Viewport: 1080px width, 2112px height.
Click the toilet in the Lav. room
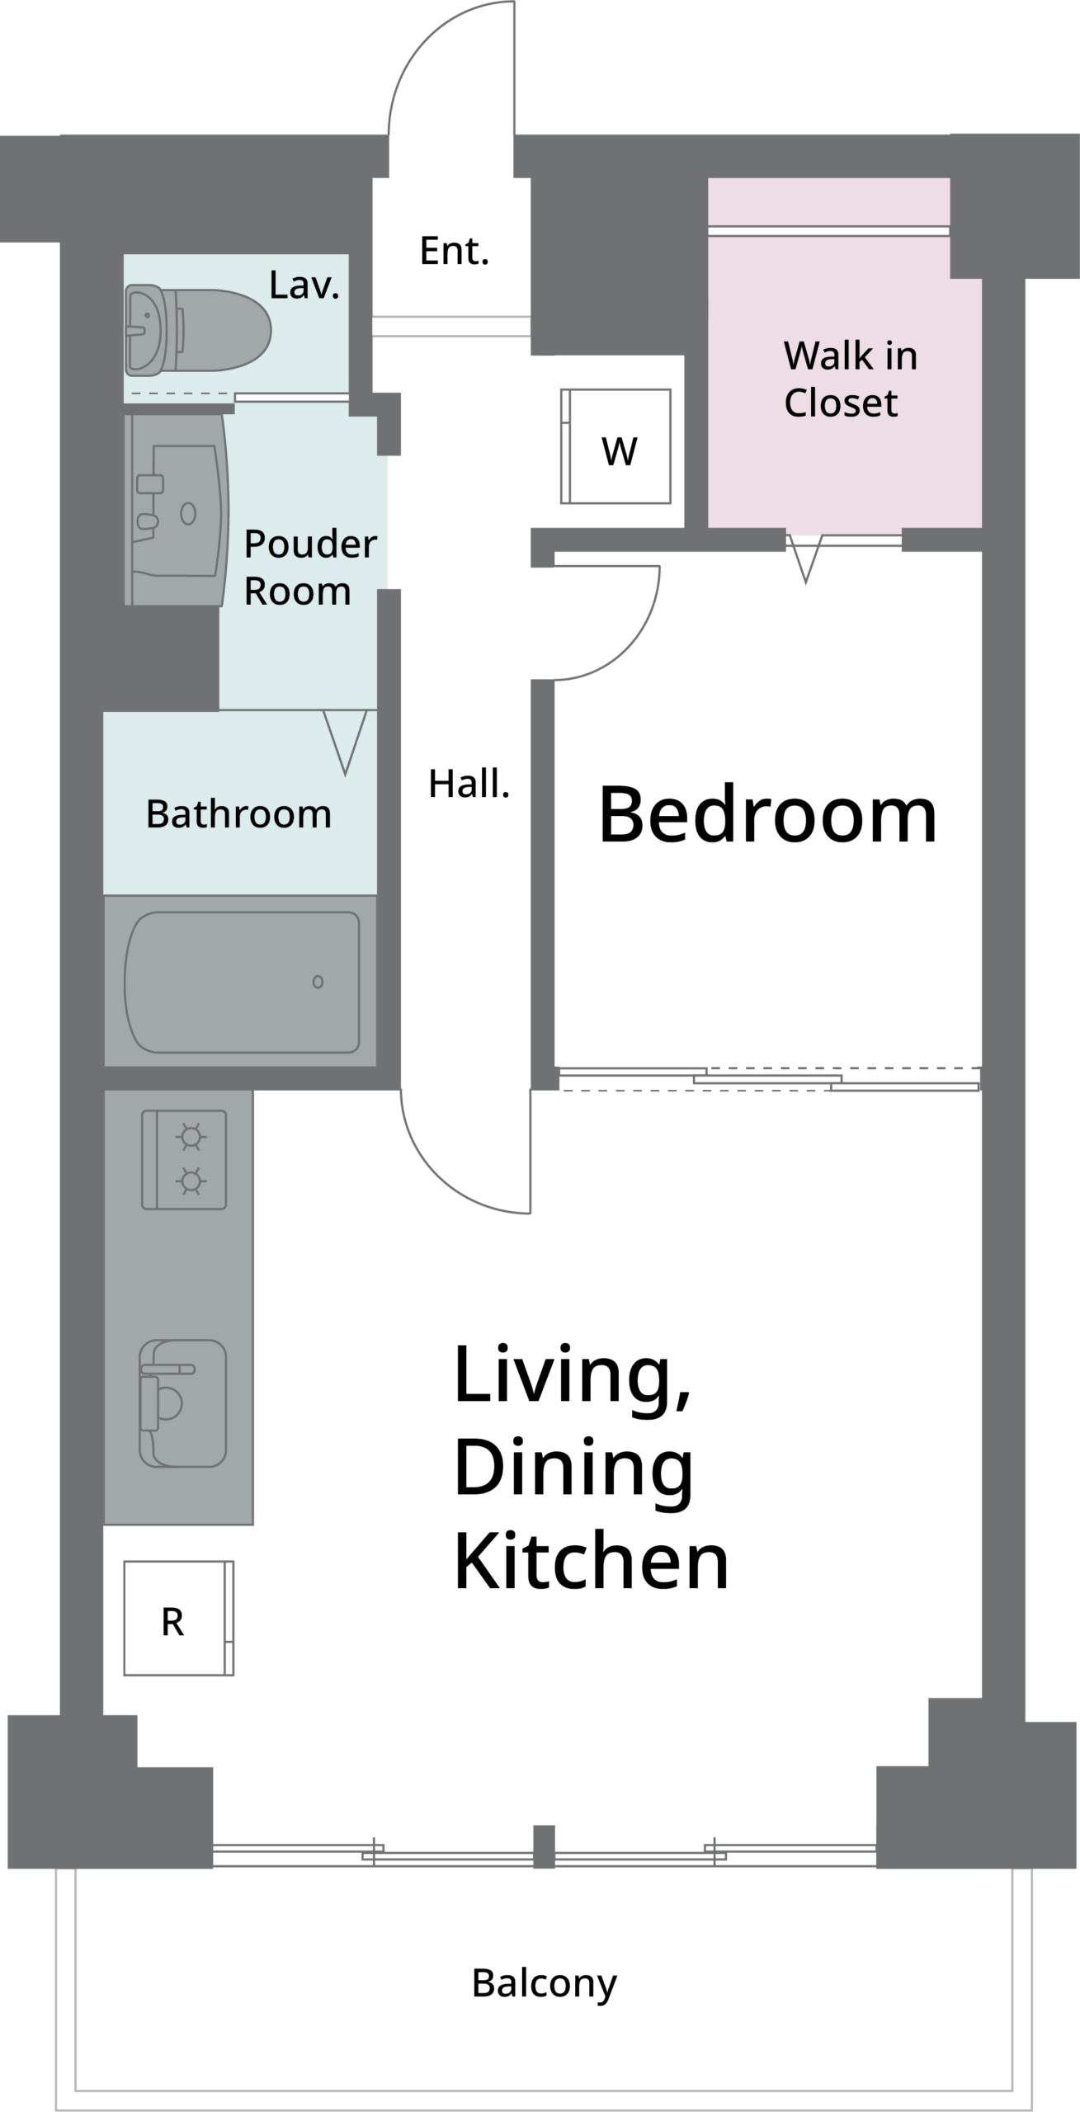(x=198, y=330)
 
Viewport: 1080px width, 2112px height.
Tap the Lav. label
(x=304, y=285)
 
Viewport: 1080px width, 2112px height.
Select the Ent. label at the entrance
(x=455, y=251)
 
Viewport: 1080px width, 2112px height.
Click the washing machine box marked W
(x=615, y=446)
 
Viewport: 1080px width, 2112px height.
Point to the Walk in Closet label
(x=851, y=379)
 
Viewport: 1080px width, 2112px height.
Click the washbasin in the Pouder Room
(x=177, y=510)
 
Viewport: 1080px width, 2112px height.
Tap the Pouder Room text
(x=310, y=568)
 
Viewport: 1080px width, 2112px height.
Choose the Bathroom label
(x=238, y=814)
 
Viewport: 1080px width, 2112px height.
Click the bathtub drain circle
(x=318, y=982)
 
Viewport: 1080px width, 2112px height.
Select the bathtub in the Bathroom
(x=242, y=982)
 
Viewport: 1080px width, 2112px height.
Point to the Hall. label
(x=469, y=784)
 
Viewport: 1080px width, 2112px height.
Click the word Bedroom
(x=767, y=815)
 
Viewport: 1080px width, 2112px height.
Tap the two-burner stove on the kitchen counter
(x=184, y=1159)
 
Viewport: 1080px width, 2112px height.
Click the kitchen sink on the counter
(x=182, y=1403)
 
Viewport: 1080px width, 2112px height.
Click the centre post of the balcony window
(x=544, y=1847)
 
